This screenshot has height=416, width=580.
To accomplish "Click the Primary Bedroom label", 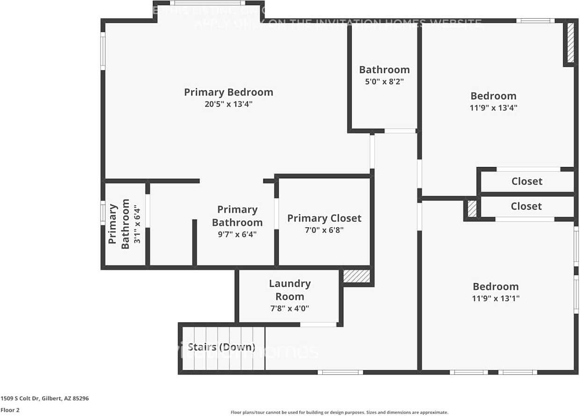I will (x=228, y=92).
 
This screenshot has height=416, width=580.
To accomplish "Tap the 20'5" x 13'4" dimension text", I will (x=228, y=104).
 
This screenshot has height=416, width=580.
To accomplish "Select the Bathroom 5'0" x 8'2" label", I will (x=384, y=70).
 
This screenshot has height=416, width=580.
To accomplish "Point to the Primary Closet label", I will (x=324, y=218).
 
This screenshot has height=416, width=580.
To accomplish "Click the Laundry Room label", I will (x=290, y=290).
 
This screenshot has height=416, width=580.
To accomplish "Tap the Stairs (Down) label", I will (x=221, y=347).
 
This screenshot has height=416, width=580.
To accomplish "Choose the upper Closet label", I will (x=527, y=181).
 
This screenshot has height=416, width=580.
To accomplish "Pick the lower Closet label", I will (x=526, y=206).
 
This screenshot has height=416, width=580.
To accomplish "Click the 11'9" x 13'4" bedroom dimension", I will (x=493, y=108).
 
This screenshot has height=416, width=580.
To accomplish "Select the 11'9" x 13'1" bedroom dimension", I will (x=495, y=298).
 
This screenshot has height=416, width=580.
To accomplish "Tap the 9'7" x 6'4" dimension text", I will (x=237, y=234).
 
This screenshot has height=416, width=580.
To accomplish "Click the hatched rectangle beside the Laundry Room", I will (x=356, y=276).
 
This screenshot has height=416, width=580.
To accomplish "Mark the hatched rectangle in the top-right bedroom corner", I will (x=570, y=43).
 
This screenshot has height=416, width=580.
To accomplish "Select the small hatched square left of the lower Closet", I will (x=472, y=208).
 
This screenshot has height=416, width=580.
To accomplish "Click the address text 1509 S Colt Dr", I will (x=44, y=399).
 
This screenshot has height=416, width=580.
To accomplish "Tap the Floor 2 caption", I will (x=10, y=410).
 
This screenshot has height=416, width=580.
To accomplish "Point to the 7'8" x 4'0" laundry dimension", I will (x=289, y=308).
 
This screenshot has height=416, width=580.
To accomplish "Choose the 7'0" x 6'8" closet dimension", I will (x=324, y=230).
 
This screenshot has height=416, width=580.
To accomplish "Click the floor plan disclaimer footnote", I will (x=339, y=412).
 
